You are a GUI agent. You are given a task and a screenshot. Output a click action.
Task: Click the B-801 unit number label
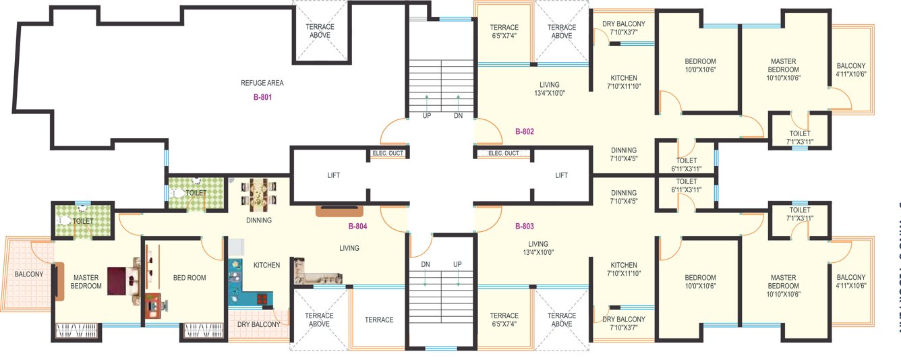coord(262,97)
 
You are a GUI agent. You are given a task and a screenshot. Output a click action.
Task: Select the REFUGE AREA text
coord(262,83)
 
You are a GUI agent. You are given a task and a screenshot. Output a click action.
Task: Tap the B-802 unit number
coord(524,131)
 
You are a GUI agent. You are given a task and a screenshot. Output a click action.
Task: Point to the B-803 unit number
coord(524,226)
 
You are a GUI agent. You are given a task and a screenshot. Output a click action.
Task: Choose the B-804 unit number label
coord(357,226)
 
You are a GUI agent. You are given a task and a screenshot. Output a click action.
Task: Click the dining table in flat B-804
coord(258,195)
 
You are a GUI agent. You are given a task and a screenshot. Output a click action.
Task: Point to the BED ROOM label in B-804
coord(190,278)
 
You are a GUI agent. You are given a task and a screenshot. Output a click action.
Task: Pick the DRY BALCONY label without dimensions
coord(258,324)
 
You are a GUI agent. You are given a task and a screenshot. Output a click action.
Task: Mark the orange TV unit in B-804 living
coord(341,211)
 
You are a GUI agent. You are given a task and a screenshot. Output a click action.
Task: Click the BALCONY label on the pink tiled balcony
coord(29,274)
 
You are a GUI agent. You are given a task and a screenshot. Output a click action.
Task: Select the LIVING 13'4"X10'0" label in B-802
coord(550,89)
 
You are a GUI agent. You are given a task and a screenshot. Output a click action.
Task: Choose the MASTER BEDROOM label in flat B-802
coord(784,69)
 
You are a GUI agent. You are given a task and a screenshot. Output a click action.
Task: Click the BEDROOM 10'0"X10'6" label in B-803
coord(700,282)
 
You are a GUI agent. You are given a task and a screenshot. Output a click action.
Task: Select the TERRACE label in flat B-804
coord(379,320)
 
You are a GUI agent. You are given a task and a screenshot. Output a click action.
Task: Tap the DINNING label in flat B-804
coord(258,220)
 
